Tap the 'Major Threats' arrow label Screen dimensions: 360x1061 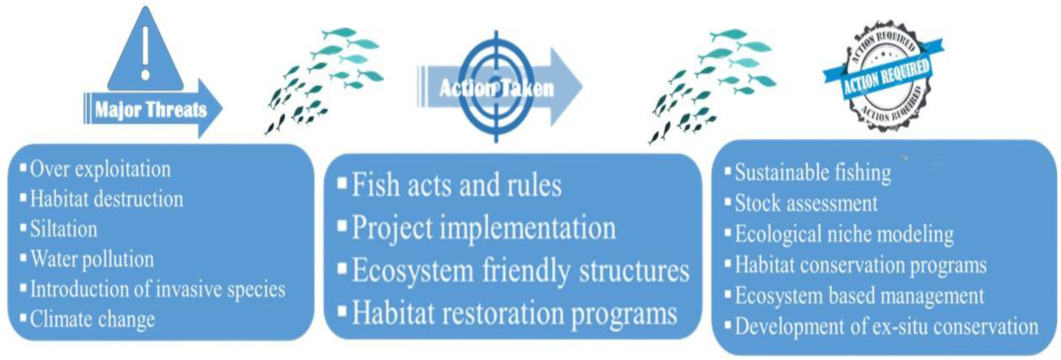pyautogui.click(x=151, y=110)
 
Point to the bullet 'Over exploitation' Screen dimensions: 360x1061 pyautogui.click(x=100, y=169)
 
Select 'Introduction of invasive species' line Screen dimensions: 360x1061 pyautogui.click(x=157, y=289)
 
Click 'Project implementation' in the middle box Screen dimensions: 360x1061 pyautogui.click(x=483, y=228)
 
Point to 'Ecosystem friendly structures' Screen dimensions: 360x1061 pyautogui.click(x=520, y=271)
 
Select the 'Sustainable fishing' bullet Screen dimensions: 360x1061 pyautogui.click(x=813, y=172)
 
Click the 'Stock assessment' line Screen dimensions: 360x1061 pyautogui.click(x=806, y=203)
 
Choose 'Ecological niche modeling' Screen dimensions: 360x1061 pyautogui.click(x=844, y=234)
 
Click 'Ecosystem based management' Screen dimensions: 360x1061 pyautogui.click(x=859, y=296)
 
